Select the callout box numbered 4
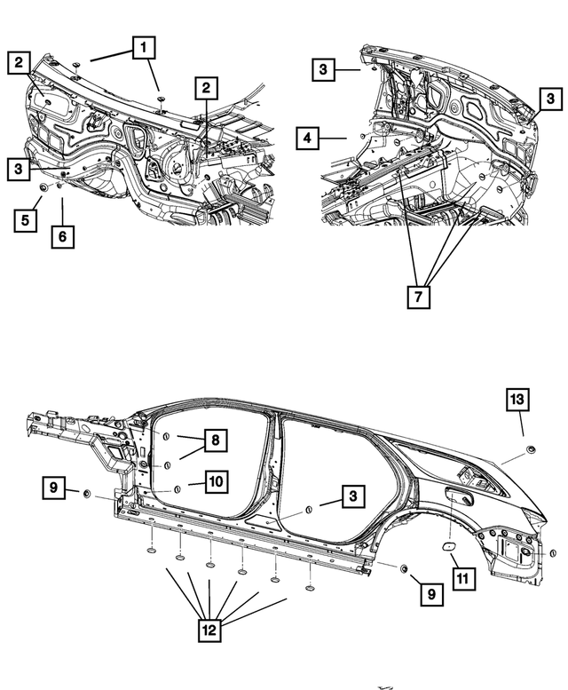point(306,139)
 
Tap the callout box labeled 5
point(26,218)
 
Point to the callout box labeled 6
point(63,236)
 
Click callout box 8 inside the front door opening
point(214,440)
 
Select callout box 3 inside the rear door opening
point(352,502)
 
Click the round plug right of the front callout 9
point(87,493)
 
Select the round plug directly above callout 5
point(43,188)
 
